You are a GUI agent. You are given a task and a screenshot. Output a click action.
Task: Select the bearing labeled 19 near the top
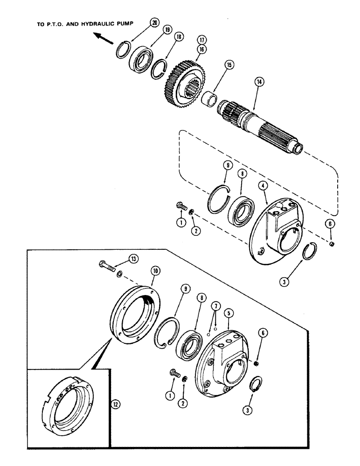[141, 59]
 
